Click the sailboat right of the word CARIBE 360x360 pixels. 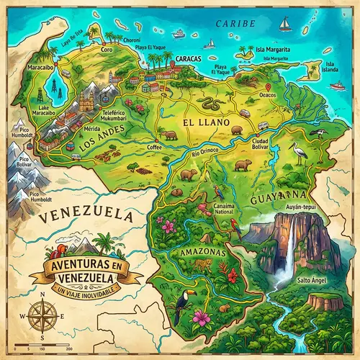pos(285,24)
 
